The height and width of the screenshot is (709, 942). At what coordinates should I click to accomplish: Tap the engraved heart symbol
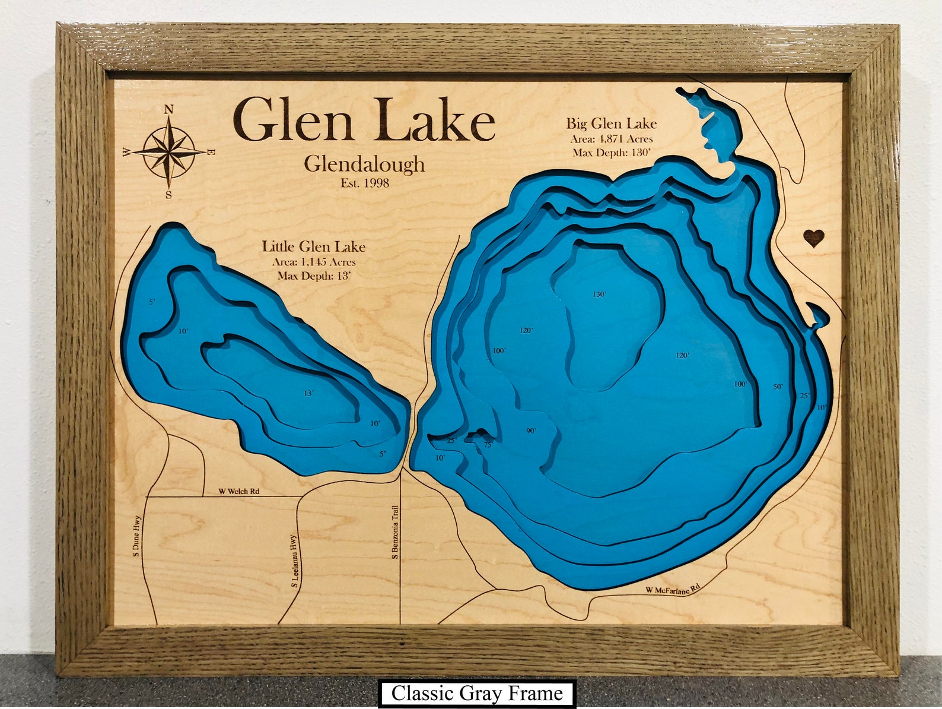coord(814,239)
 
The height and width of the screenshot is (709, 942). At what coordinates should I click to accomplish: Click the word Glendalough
coord(364,164)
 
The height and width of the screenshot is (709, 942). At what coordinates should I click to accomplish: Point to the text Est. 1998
coord(365,183)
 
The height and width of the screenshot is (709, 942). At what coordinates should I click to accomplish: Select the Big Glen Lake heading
coord(611,124)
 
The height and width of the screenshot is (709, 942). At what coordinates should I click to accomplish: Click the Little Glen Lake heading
coord(314,246)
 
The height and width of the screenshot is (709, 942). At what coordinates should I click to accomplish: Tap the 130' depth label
coord(599,295)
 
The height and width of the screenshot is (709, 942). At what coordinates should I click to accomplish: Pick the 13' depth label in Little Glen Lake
coord(308,393)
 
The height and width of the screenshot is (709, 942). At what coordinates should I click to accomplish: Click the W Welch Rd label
coord(238,491)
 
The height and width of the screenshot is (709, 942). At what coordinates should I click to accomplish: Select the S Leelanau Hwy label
coord(293,561)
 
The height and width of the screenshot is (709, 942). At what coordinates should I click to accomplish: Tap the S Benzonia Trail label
coord(394,533)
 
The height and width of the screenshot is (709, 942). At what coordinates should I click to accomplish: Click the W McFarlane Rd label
coord(673,589)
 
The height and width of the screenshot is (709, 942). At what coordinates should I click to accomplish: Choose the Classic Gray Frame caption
coord(477,694)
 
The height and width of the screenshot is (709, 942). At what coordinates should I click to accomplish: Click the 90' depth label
coord(530,431)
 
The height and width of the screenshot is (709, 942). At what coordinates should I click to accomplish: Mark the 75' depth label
coord(488,444)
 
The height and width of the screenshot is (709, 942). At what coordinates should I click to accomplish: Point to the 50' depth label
coord(778,387)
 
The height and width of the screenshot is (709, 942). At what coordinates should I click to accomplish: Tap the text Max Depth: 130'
coord(612,153)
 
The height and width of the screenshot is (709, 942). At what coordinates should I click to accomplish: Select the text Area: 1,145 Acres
coord(314,262)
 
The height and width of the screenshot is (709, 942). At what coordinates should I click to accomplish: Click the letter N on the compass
coord(168,109)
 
